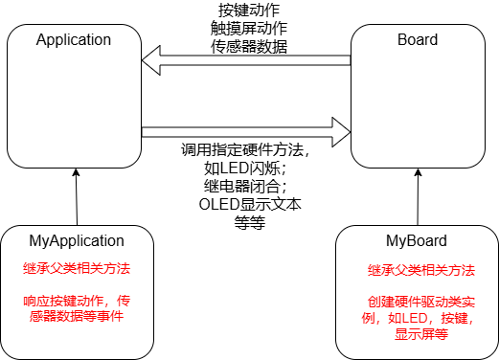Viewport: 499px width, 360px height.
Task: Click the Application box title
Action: pyautogui.click(x=74, y=40)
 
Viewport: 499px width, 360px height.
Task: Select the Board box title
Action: pyautogui.click(x=417, y=40)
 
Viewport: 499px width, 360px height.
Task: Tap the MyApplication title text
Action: pyautogui.click(x=77, y=240)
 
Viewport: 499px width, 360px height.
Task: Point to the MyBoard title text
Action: pyautogui.click(x=417, y=240)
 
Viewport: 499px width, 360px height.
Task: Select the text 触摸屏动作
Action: pyautogui.click(x=247, y=29)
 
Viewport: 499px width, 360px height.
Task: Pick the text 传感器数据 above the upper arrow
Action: pyautogui.click(x=247, y=45)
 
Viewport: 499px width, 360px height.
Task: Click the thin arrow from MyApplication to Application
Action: pyautogui.click(x=75, y=196)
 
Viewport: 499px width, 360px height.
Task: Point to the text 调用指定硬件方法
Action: pyautogui.click(x=247, y=151)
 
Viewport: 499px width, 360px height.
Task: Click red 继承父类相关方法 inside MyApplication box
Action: pyautogui.click(x=77, y=267)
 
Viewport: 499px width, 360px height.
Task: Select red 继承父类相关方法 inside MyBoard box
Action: pyautogui.click(x=417, y=270)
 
